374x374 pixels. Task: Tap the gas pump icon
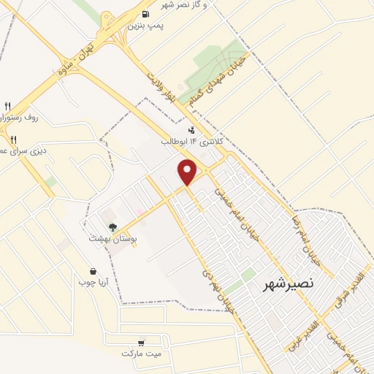pyautogui.click(x=145, y=14)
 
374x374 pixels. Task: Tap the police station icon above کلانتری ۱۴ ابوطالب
pyautogui.click(x=191, y=131)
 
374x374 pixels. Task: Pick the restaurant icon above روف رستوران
pyautogui.click(x=8, y=105)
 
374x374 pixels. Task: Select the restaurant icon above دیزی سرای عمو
pyautogui.click(x=13, y=139)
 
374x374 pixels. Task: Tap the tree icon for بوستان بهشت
pyautogui.click(x=112, y=227)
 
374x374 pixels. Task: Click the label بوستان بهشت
pyautogui.click(x=109, y=238)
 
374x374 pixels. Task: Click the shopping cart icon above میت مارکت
pyautogui.click(x=140, y=342)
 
